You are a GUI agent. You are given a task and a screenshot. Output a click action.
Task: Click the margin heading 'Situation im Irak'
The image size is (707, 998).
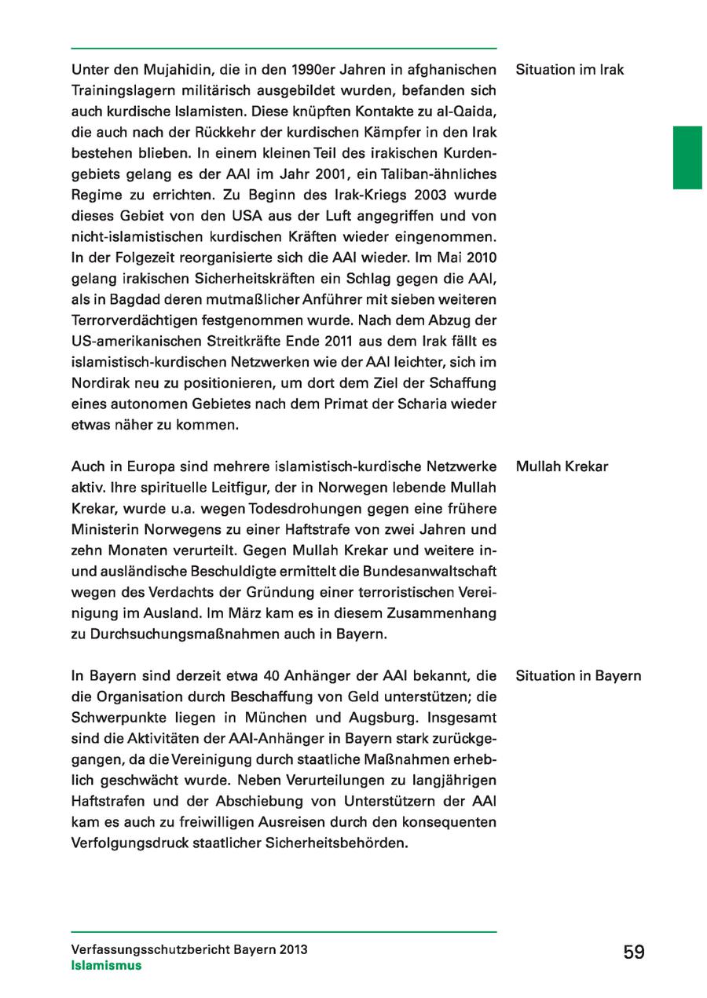(x=570, y=70)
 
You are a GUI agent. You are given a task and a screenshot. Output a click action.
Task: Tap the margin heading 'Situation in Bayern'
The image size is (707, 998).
(x=578, y=676)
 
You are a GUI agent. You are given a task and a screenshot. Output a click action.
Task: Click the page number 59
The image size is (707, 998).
(x=634, y=952)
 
